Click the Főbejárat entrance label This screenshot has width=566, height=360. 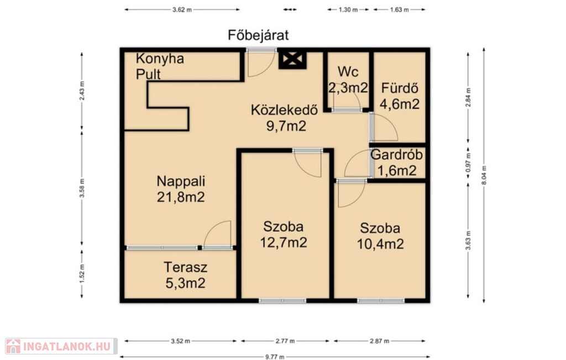click(258, 35)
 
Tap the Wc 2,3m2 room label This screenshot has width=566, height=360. click(348, 80)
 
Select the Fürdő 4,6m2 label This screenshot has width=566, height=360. click(400, 96)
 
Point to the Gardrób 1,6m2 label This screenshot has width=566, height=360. click(397, 163)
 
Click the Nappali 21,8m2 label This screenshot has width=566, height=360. click(181, 189)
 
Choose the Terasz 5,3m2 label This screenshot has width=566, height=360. click(186, 275)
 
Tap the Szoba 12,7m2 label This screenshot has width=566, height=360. click(284, 234)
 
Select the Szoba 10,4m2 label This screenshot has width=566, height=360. click(380, 236)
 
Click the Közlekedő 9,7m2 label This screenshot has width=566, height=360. click(285, 118)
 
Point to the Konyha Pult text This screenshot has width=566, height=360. click(160, 66)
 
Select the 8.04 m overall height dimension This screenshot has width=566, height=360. click(484, 175)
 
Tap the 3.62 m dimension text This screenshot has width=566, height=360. click(182, 10)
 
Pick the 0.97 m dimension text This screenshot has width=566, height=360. click(468, 163)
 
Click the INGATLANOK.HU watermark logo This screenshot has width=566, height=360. click(61, 346)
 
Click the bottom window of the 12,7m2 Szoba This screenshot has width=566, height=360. click(282, 300)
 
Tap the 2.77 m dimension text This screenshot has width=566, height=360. click(285, 341)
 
